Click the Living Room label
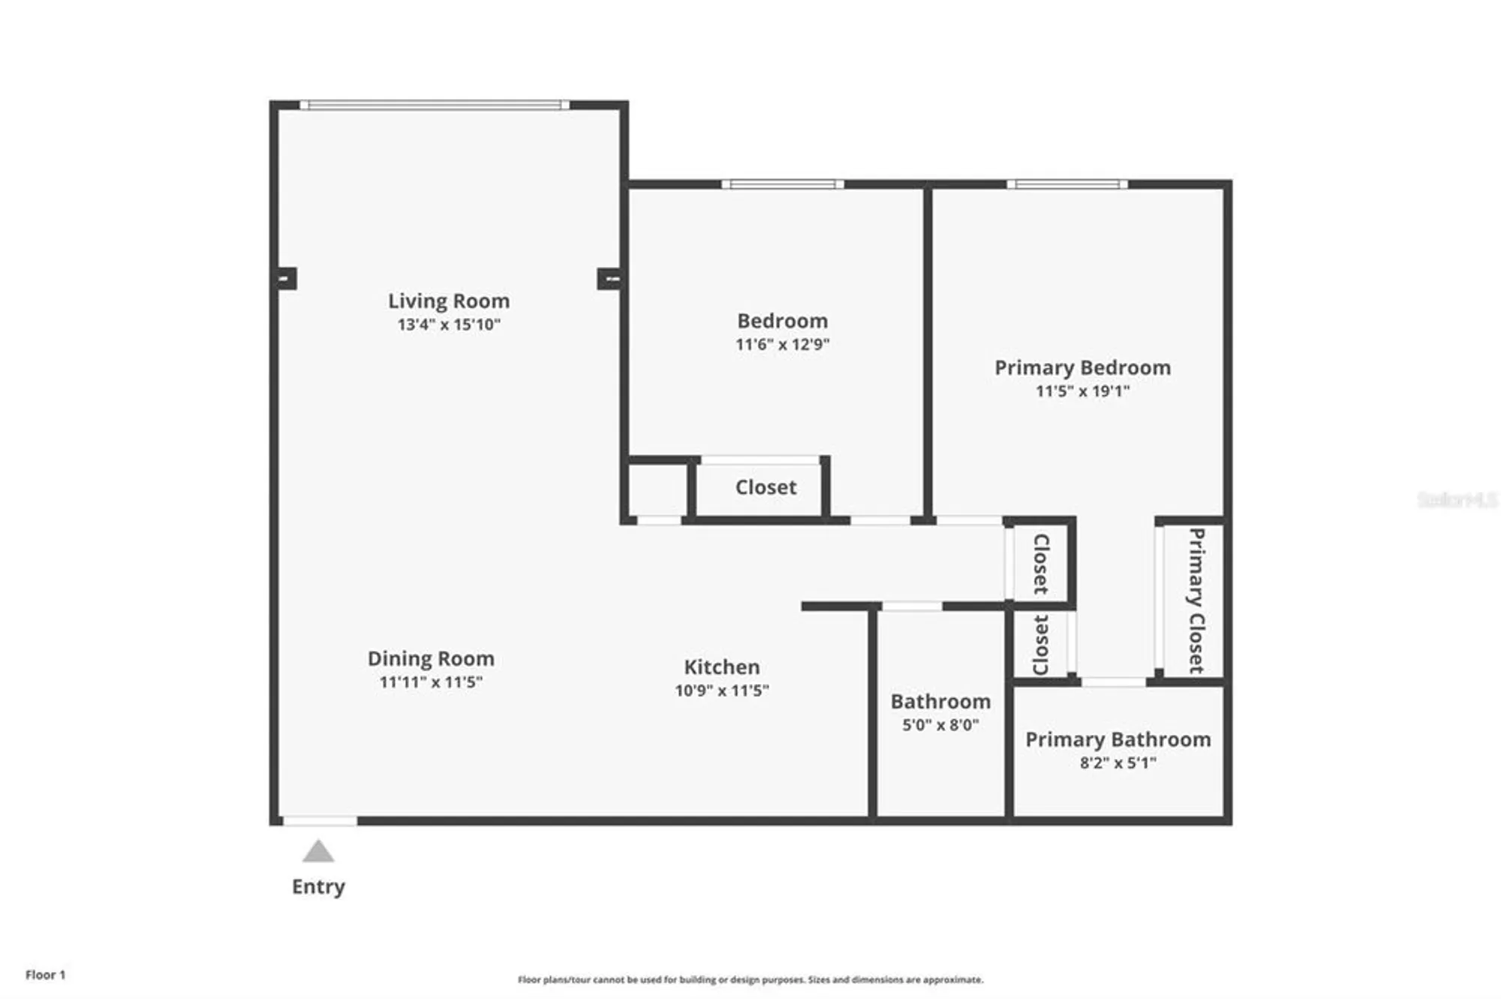[x=449, y=301]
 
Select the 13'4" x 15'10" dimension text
[x=449, y=325]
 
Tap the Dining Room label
[x=431, y=658]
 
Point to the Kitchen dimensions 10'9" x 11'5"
[x=721, y=691]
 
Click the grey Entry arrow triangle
[x=318, y=851]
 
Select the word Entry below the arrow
[x=318, y=886]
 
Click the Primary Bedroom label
[x=1082, y=367]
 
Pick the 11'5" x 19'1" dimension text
[x=1082, y=391]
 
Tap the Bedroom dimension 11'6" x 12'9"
[x=782, y=344]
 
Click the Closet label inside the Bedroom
[x=766, y=487]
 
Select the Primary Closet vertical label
[x=1196, y=600]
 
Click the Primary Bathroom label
[x=1117, y=739]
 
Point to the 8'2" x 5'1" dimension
[x=1117, y=763]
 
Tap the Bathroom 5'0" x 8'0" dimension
[x=940, y=725]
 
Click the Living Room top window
[x=435, y=105]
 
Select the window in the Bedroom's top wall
[x=782, y=184]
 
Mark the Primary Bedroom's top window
[x=1066, y=184]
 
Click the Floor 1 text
[x=45, y=975]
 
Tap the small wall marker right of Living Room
[x=609, y=279]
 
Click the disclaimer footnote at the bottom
[x=750, y=979]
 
